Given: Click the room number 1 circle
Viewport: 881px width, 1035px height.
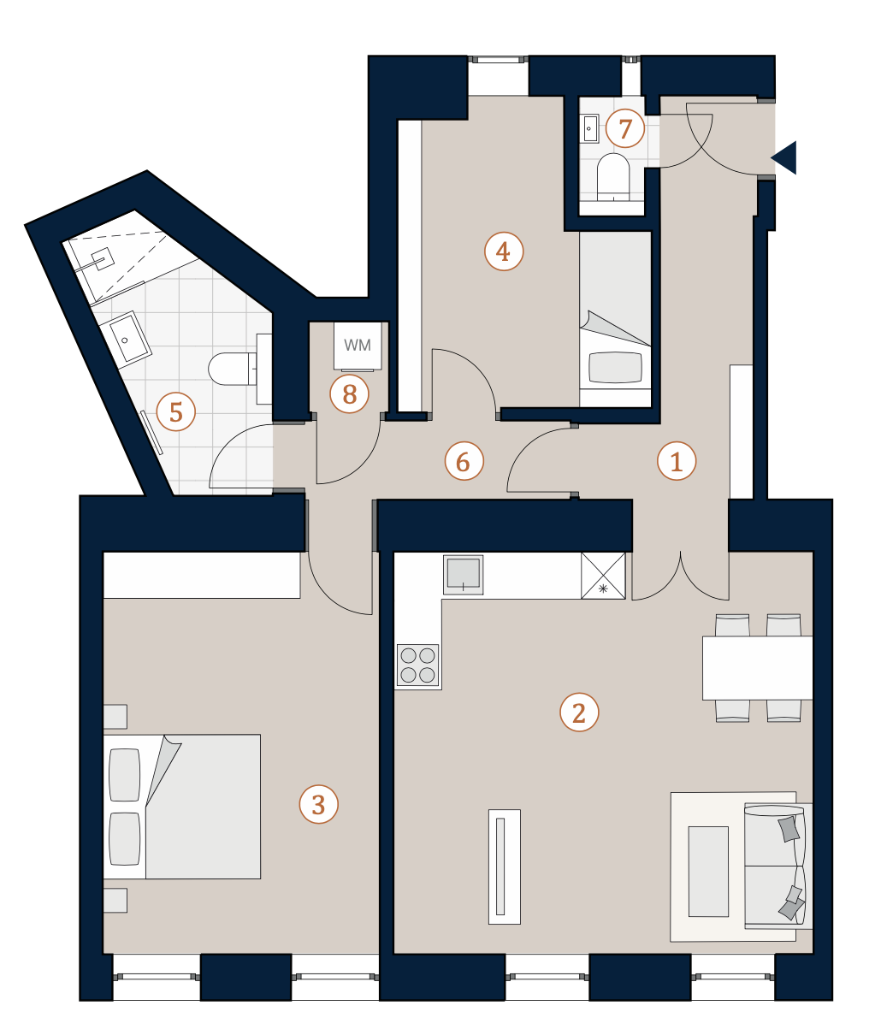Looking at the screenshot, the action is pos(677,461).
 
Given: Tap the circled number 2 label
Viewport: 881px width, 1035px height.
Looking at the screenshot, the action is pos(579,712).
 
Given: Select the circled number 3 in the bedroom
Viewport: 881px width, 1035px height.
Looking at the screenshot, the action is pos(318,805).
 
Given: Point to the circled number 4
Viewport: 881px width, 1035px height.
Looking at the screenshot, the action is pos(504,251).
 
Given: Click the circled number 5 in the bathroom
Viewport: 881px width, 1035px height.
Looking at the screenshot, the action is pos(176,411).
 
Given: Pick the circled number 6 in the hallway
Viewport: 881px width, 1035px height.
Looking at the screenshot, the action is pos(464,461).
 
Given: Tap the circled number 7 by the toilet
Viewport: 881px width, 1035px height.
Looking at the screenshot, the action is pos(625,128).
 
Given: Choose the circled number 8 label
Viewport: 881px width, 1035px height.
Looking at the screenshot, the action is pos(350,394).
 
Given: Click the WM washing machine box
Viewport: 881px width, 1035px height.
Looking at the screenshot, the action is pos(358,346).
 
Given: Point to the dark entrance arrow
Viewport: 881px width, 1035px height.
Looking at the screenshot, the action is pos(785,157).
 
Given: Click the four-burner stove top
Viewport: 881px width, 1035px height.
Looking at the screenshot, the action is pos(417,665).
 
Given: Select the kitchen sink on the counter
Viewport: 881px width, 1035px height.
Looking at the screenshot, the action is pos(464,575).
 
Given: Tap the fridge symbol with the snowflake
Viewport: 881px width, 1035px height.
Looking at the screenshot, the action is pos(603,576).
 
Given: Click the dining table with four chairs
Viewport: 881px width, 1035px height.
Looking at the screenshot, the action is pos(757,668).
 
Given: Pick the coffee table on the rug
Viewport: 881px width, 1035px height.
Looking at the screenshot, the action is pos(708,872).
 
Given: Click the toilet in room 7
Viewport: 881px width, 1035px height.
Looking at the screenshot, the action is pos(613,177).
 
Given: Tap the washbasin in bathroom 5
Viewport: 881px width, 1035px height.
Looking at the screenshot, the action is pos(126,336).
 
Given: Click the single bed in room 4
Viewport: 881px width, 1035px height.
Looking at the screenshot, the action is pos(616,319).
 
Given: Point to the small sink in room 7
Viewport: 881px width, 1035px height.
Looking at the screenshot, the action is pos(589,128).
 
